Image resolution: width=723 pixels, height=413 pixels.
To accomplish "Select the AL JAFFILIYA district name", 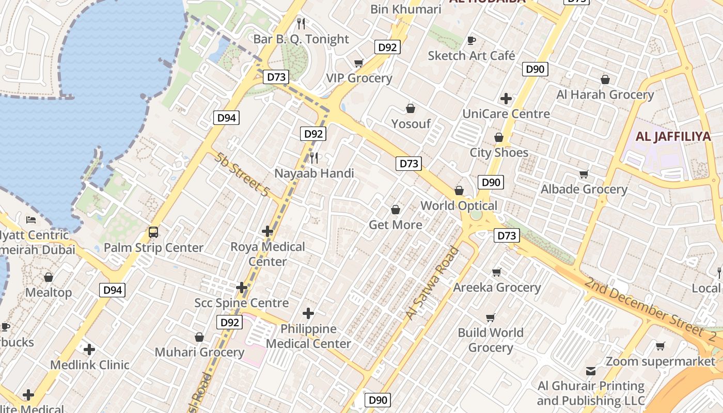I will [x=666, y=137].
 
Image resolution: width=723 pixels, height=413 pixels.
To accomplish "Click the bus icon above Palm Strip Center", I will [x=153, y=232].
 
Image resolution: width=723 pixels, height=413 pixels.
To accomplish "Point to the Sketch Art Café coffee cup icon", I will [x=471, y=40].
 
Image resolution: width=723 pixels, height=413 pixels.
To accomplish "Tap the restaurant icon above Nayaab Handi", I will [x=314, y=157].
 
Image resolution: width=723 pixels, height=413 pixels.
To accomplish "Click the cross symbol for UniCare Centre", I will [x=506, y=98].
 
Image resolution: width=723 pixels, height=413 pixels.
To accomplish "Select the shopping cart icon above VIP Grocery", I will [x=359, y=63].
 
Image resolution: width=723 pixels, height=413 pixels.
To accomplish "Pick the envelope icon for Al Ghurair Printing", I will [x=591, y=371].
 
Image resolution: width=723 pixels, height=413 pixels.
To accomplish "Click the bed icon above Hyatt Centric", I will [x=31, y=220].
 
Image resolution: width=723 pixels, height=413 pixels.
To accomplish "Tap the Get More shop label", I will [x=395, y=225].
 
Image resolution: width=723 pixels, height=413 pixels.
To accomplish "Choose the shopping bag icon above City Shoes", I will [x=499, y=137].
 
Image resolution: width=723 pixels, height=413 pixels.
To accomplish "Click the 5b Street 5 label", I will [x=242, y=174].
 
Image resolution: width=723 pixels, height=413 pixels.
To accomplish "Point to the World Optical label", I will [x=459, y=205].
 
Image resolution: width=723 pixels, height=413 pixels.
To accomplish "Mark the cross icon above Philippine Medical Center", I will [x=308, y=313].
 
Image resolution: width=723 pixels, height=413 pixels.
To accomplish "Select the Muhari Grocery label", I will [x=199, y=352].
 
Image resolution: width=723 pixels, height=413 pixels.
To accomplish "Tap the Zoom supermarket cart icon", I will [x=660, y=346].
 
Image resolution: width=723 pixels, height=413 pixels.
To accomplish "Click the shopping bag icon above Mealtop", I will [x=49, y=277].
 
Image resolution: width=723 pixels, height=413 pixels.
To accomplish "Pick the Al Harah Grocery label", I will [x=605, y=94].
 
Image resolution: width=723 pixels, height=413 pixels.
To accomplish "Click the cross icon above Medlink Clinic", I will [x=89, y=350].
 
